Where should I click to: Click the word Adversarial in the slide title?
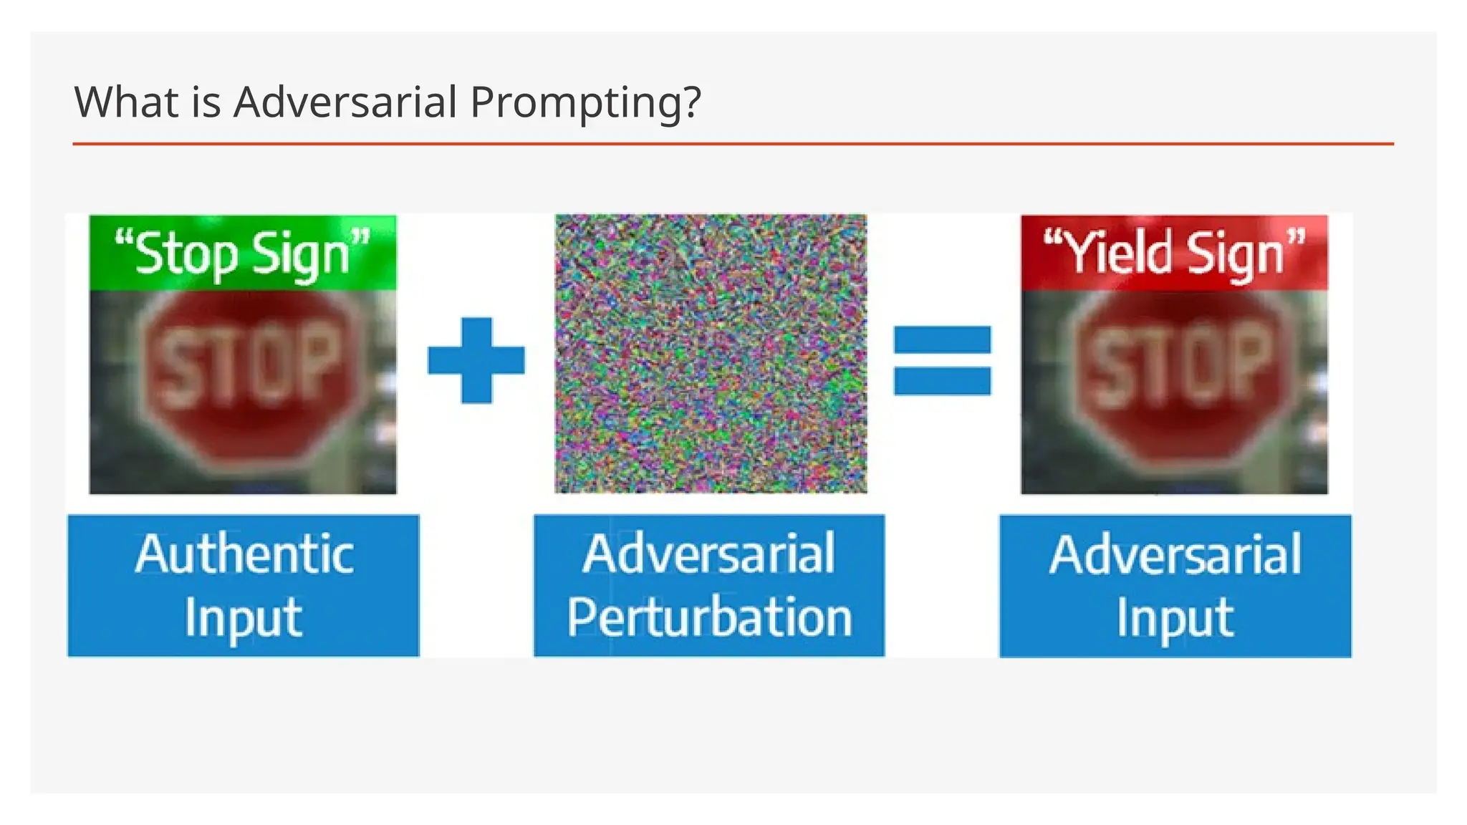coord(345,102)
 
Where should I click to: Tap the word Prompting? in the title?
coord(585,103)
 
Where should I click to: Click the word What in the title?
coord(126,102)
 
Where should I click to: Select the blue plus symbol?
coord(476,360)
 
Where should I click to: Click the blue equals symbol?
coord(942,360)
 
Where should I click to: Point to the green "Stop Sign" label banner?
coord(243,253)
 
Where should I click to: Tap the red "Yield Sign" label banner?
coord(1174,253)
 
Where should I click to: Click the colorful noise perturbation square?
coord(711,353)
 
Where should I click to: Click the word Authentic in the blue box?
coord(244,554)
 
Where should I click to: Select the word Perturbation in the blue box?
coord(709,617)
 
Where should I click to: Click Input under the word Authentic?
coord(244,617)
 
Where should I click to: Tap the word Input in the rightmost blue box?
coord(1175,617)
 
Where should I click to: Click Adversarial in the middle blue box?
coord(709,554)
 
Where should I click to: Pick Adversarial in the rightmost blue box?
coord(1175,554)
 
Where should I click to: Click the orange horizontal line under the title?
coord(733,144)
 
